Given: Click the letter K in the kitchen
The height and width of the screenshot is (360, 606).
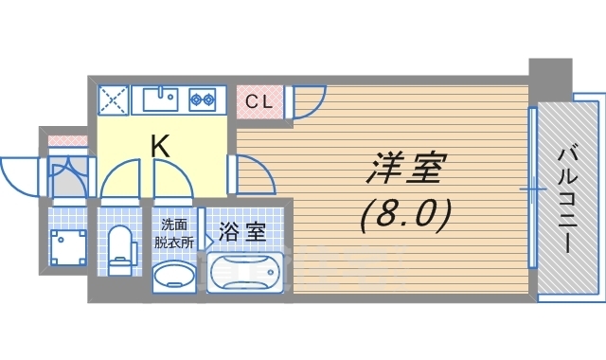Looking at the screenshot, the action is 160,146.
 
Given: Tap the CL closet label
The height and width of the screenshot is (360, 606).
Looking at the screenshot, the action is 258,102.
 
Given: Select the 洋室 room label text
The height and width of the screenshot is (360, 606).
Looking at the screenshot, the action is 406,168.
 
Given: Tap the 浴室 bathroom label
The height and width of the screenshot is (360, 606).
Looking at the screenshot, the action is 242,231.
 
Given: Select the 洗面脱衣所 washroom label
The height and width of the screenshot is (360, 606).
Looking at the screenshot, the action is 174,233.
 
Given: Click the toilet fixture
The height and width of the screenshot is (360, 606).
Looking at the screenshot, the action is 121,250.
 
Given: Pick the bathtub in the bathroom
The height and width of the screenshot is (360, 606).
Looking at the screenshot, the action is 244,272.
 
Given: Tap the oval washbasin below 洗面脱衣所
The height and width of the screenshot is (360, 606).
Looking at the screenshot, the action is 174,276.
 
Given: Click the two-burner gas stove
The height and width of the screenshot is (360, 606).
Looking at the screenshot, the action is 202,99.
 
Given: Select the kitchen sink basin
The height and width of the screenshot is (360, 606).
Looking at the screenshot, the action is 160,99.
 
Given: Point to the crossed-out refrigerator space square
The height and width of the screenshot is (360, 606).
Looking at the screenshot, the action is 113,100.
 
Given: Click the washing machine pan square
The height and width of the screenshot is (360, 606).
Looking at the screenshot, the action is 68,247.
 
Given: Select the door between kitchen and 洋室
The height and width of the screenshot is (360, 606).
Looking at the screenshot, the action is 253,173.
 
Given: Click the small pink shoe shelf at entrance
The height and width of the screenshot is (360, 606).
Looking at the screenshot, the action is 67,140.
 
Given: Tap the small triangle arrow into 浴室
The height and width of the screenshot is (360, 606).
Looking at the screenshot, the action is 208,243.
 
